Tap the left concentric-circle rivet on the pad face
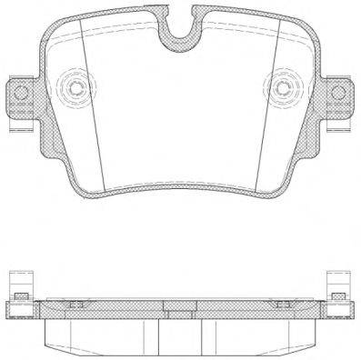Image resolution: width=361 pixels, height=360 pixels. click(x=75, y=89)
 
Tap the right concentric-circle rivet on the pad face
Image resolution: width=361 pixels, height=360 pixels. click(x=284, y=89)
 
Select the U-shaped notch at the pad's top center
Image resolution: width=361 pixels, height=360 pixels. click(x=180, y=27)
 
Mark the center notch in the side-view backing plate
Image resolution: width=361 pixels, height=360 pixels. click(x=180, y=305)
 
